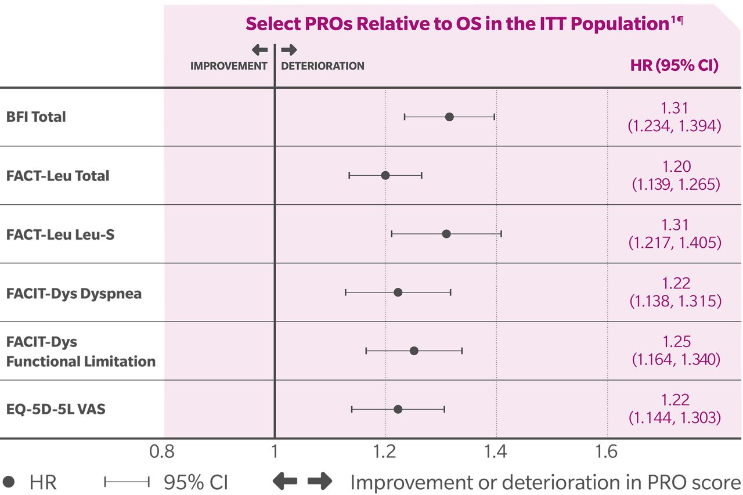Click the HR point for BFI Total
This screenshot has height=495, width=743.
[x=449, y=117]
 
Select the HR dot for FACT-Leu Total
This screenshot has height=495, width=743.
[x=385, y=175]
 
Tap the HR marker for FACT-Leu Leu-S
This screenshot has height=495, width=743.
[x=446, y=234]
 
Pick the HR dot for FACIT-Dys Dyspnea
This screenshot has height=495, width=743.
[x=398, y=292]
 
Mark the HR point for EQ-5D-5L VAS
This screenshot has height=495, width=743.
[x=398, y=409]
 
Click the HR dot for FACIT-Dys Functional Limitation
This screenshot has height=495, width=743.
[x=414, y=351]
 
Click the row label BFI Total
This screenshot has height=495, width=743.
[x=36, y=117]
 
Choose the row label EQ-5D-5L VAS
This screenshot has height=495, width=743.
[x=56, y=410]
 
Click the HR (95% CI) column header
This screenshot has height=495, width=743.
[x=674, y=66]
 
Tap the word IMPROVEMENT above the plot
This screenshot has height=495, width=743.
[x=229, y=66]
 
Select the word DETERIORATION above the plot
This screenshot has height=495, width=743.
[x=323, y=66]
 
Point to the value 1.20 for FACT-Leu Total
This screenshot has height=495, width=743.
[x=676, y=167]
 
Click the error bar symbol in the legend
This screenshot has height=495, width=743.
[x=127, y=482]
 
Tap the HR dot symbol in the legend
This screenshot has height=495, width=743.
[x=9, y=482]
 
